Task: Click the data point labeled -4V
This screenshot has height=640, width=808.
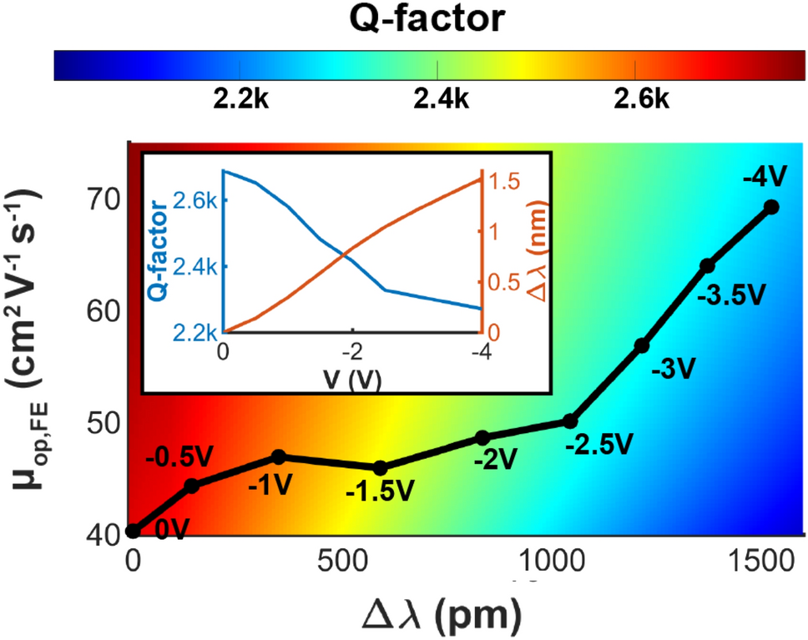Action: [x=771, y=207]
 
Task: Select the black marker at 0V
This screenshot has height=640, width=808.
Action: [x=132, y=531]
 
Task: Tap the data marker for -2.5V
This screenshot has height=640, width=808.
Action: [x=569, y=421]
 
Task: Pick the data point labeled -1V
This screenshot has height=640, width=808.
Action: [x=280, y=456]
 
